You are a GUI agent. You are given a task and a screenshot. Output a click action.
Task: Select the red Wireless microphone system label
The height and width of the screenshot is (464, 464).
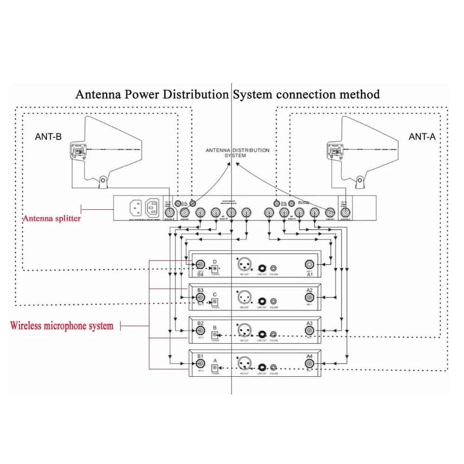62,325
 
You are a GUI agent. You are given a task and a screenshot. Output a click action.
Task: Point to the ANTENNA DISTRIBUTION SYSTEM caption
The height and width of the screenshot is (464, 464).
237,153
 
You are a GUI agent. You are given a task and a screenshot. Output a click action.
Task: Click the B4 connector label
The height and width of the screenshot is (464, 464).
200,275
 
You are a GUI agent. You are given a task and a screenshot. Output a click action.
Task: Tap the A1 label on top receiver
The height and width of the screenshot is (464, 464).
309,275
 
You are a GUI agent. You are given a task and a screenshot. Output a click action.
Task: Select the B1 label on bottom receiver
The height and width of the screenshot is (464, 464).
200,356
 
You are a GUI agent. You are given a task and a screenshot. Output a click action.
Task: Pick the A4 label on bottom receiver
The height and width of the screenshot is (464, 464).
309,356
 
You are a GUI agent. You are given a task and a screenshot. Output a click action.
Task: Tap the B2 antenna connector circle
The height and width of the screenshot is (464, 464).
200,331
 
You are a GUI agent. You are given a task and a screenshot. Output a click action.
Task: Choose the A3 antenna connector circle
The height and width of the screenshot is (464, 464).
309,331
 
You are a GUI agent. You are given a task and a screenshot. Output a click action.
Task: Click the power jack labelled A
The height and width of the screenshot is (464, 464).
215,367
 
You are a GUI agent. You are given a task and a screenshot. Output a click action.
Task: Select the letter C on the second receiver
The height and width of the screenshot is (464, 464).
215,295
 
